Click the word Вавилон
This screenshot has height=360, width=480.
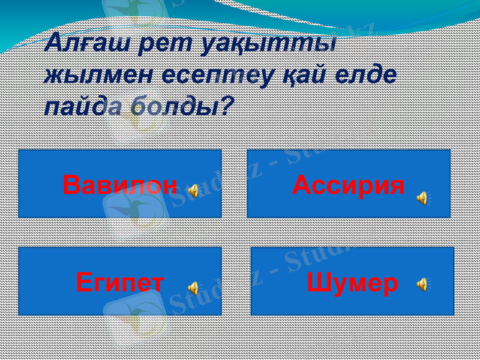coord(120,185)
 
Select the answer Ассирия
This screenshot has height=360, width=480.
coord(348,185)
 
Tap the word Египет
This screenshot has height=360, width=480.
coord(120,282)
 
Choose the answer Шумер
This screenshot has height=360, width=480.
coord(352,283)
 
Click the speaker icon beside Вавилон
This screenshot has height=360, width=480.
coord(193,191)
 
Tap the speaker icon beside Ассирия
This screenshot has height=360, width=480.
coord(423,197)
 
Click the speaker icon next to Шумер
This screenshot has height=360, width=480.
coord(423,283)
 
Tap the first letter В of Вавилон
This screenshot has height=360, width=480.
coord(72,185)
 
